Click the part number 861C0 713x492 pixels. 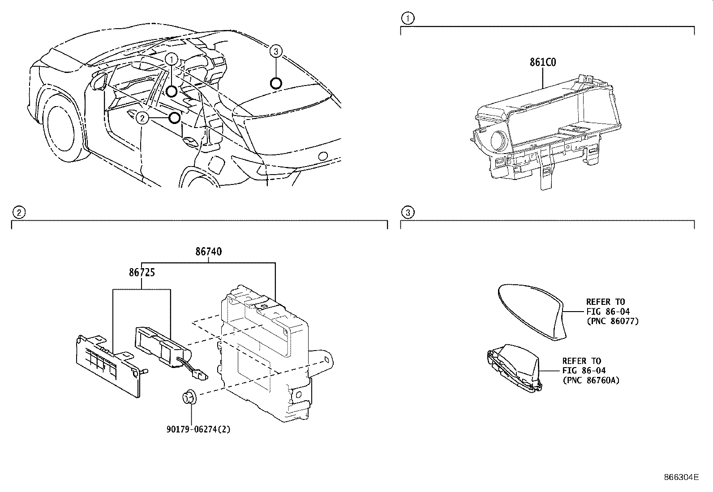(x=543, y=63)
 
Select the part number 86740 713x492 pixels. (x=208, y=252)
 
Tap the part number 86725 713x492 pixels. (x=142, y=272)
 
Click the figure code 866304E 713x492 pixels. (x=681, y=477)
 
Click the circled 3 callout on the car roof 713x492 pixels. (x=276, y=52)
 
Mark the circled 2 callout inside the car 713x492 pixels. (x=142, y=118)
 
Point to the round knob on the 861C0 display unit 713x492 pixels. (x=498, y=141)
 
